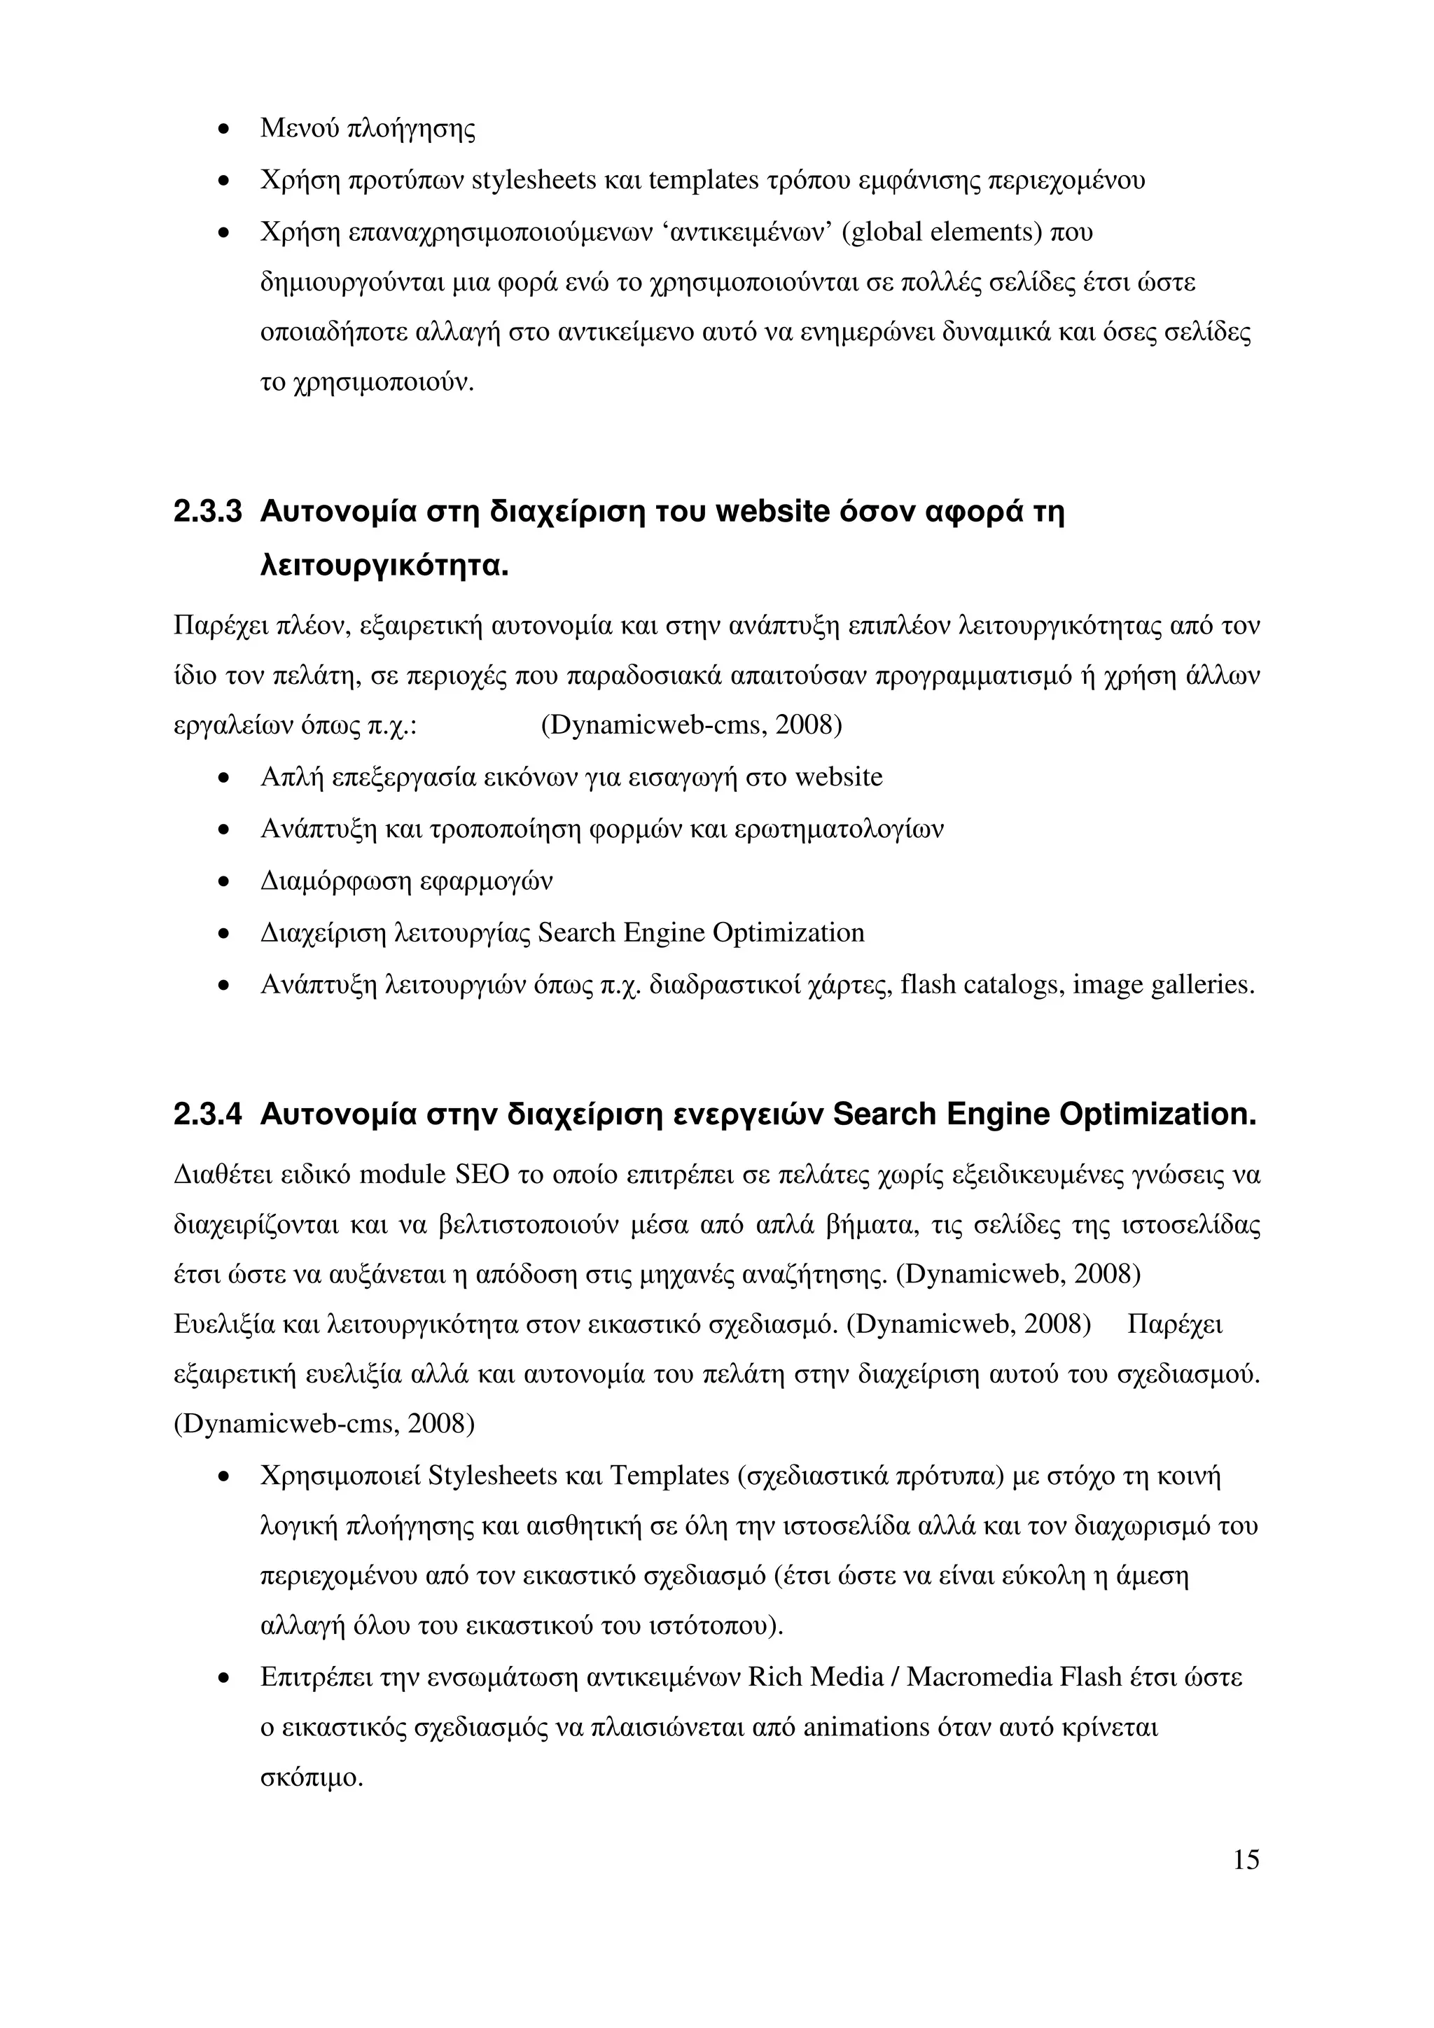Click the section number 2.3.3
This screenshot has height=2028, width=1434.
[x=208, y=512]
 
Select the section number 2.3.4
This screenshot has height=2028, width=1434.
[x=208, y=1114]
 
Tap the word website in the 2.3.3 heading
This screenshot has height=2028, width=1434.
[x=772, y=512]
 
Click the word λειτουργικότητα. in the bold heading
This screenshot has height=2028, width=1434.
[x=385, y=566]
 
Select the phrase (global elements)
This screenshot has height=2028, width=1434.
[x=942, y=232]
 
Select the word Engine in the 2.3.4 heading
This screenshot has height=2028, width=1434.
[x=996, y=1114]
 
